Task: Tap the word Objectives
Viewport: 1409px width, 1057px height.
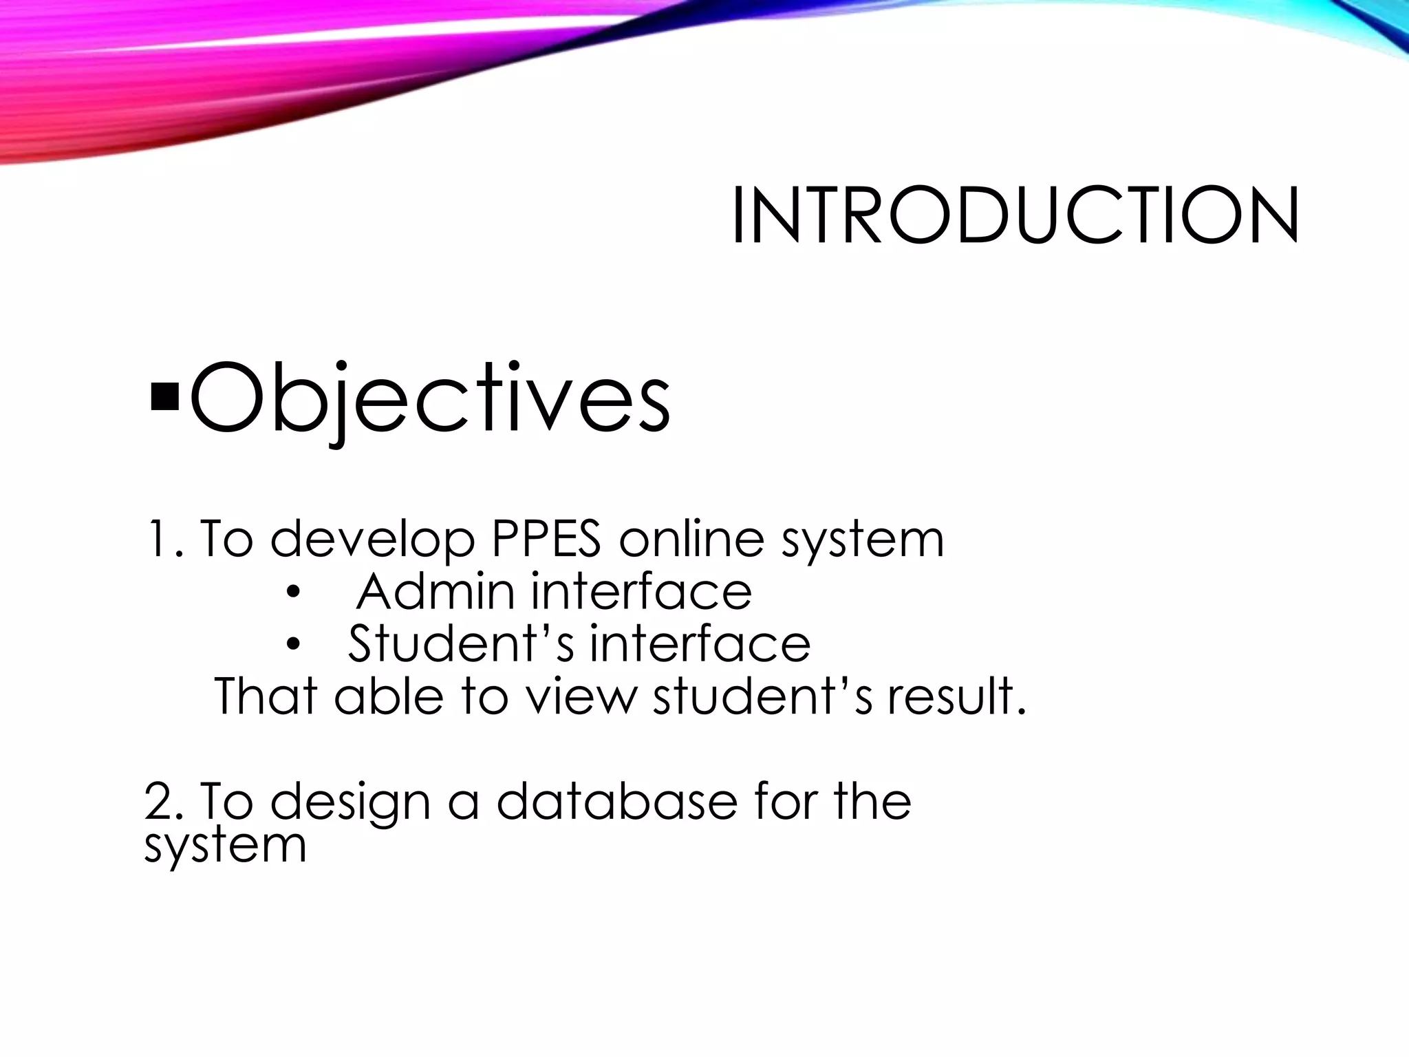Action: tap(429, 399)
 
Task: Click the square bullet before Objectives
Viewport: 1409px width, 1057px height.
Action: tap(163, 397)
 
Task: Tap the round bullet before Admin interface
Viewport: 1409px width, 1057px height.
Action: tap(294, 593)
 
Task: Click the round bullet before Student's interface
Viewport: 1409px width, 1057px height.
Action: tap(294, 645)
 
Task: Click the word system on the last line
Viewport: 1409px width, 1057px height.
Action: tap(225, 846)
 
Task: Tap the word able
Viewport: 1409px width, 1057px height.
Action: tap(389, 696)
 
